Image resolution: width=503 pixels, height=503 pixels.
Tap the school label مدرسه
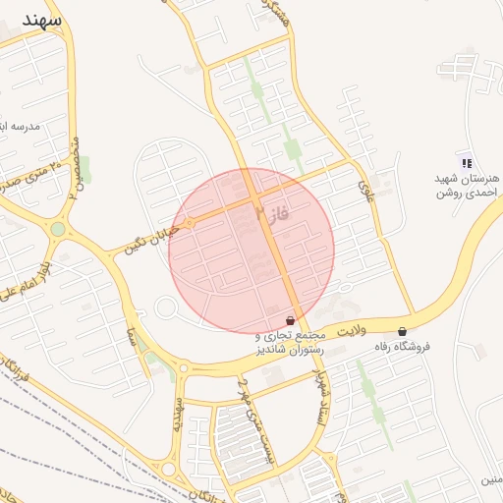tap(22, 127)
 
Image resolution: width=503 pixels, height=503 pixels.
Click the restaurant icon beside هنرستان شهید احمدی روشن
tap(466, 163)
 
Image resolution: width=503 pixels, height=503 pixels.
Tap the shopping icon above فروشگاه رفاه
tap(403, 331)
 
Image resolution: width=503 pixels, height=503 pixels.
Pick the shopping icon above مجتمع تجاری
tap(289, 320)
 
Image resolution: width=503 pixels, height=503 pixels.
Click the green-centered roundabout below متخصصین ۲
tap(58, 230)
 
